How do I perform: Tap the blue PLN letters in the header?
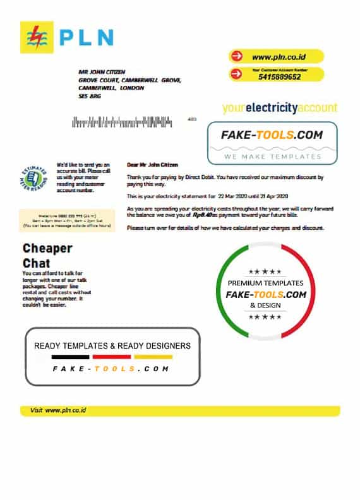87,38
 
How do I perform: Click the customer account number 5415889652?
280,77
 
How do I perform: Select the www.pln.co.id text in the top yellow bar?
279,56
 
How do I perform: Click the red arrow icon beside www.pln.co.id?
237,56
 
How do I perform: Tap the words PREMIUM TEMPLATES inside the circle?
265,283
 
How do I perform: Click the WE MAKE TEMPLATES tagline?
272,156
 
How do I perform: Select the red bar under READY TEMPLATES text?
112,357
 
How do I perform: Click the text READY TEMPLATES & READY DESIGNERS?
112,345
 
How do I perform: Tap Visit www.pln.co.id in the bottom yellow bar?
58,410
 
